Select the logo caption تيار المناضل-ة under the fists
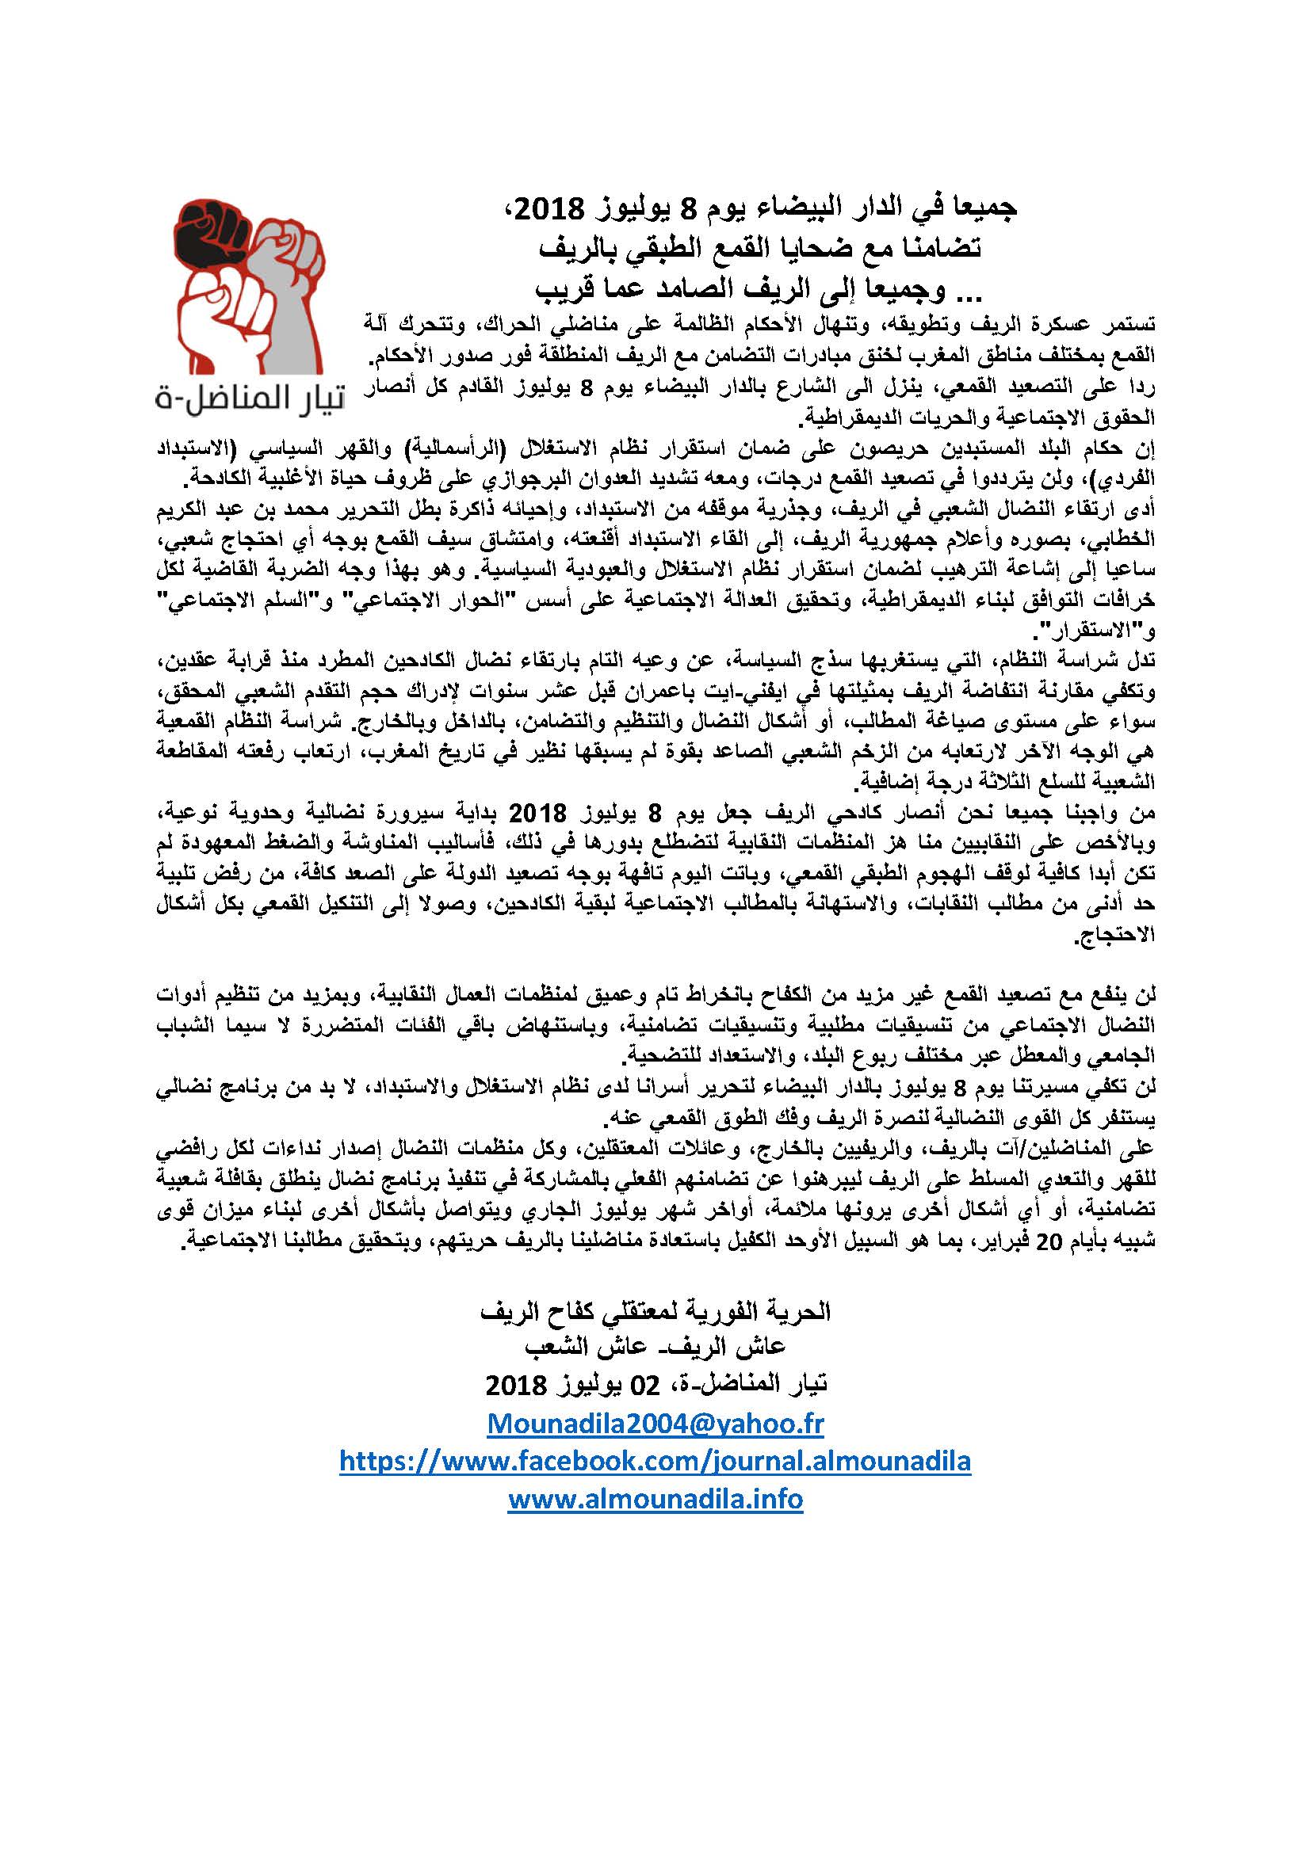[250, 399]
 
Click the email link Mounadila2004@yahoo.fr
[655, 1423]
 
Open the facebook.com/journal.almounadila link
[655, 1461]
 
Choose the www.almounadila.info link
[655, 1499]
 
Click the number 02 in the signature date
[645, 1385]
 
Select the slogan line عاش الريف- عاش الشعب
[655, 1347]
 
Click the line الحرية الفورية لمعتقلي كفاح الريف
[655, 1311]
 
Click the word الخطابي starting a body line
[1124, 537]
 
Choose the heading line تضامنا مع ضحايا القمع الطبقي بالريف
[759, 247]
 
